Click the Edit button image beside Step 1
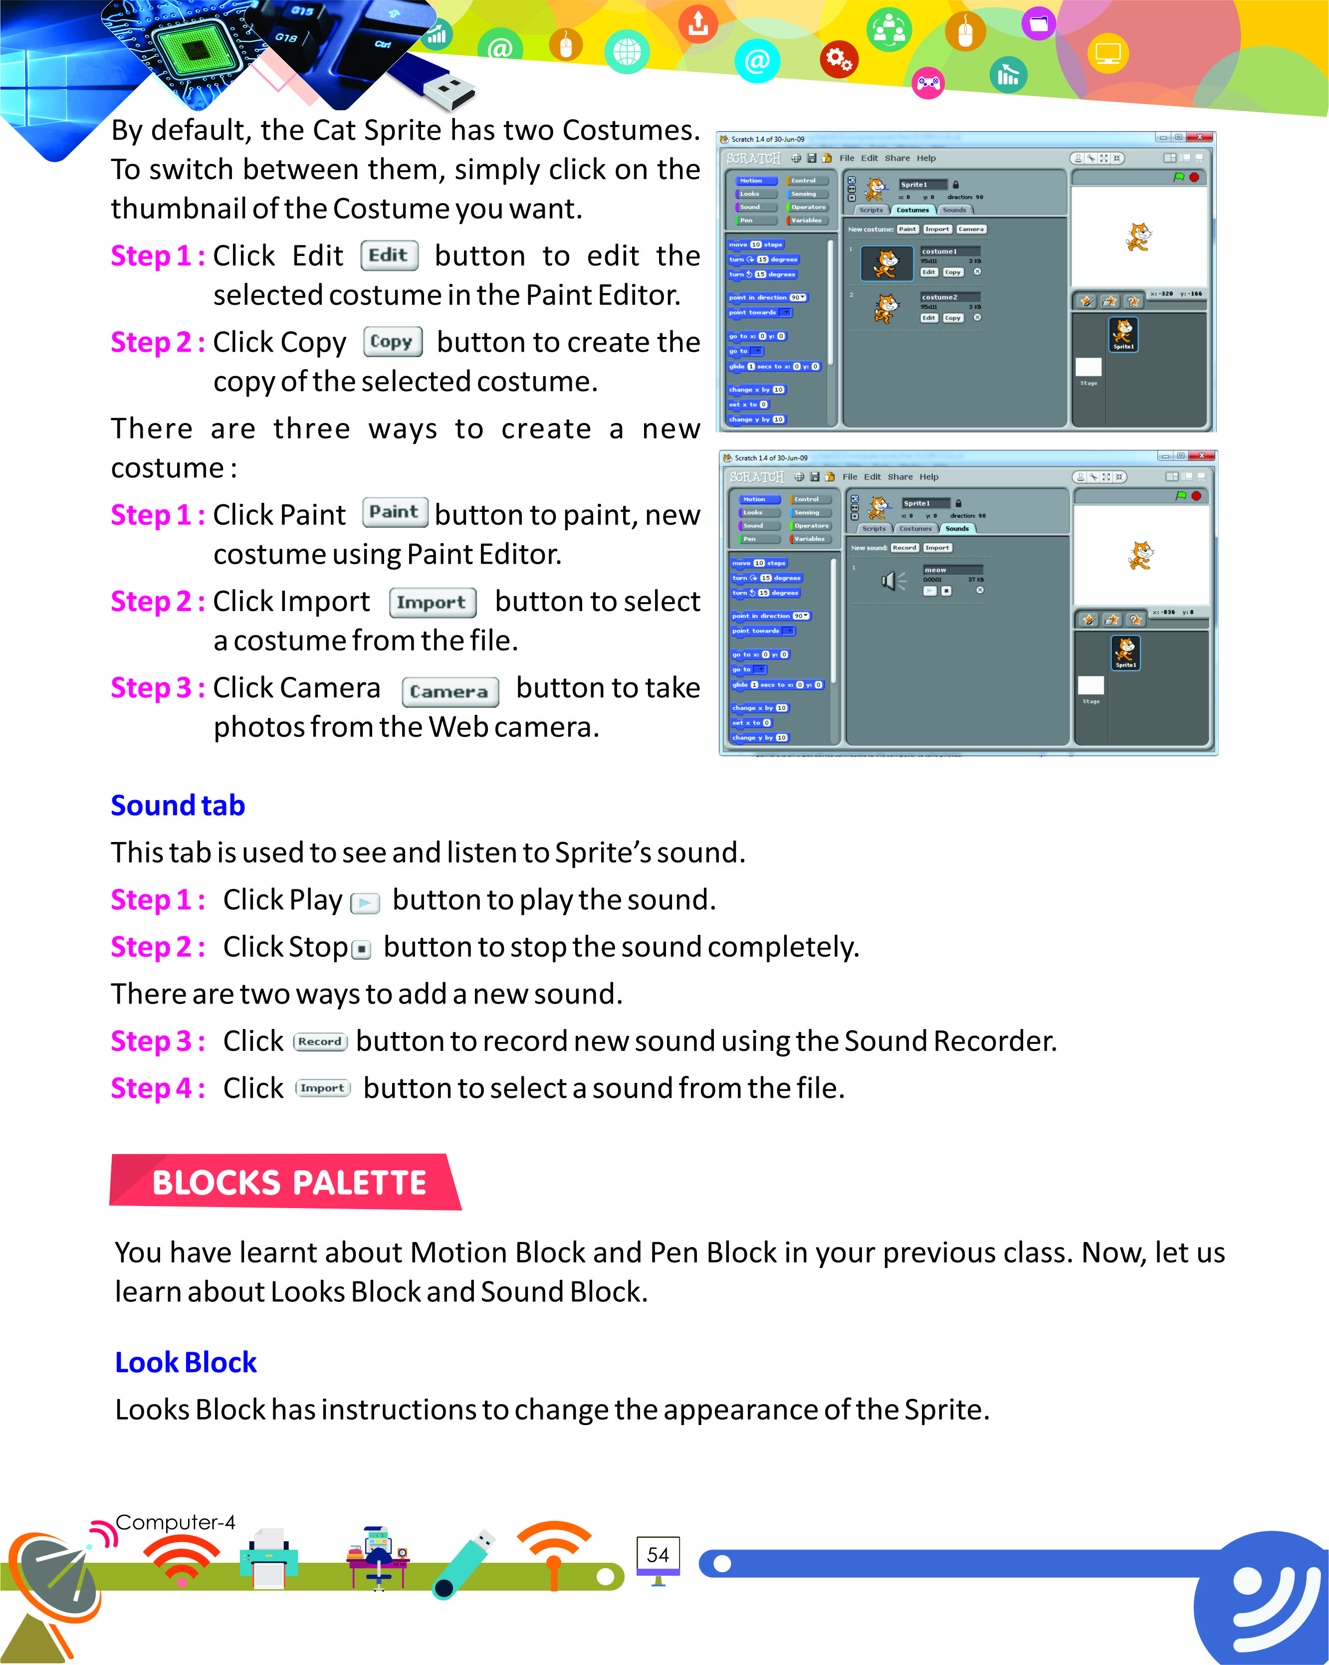[389, 255]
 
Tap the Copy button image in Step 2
[392, 341]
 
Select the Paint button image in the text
[395, 512]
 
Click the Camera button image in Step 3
[449, 691]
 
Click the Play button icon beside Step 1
[365, 902]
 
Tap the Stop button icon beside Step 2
[361, 949]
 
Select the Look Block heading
[186, 1362]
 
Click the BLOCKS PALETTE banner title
[289, 1182]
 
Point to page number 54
[657, 1555]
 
